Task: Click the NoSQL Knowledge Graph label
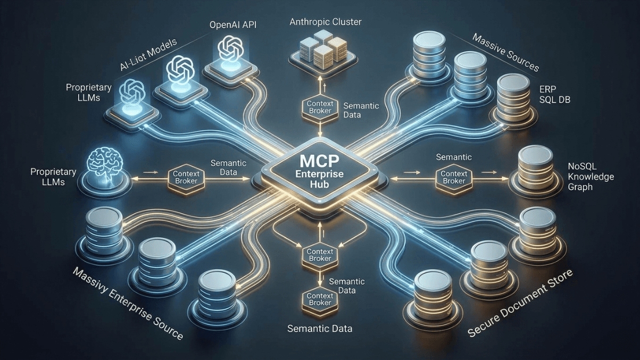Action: pyautogui.click(x=591, y=177)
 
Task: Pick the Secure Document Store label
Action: pyautogui.click(x=520, y=304)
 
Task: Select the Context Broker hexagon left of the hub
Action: pyautogui.click(x=182, y=176)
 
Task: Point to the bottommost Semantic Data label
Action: pyautogui.click(x=319, y=328)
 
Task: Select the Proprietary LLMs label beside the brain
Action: pyautogui.click(x=53, y=177)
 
